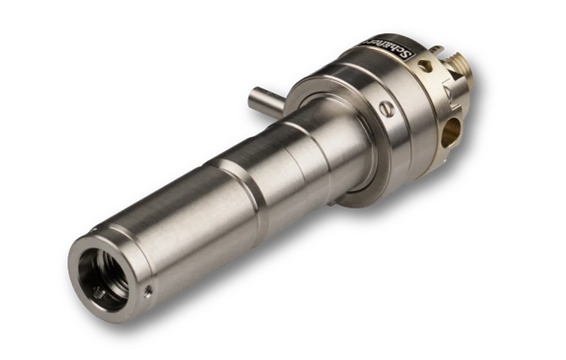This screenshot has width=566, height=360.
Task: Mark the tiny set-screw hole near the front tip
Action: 150,291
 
